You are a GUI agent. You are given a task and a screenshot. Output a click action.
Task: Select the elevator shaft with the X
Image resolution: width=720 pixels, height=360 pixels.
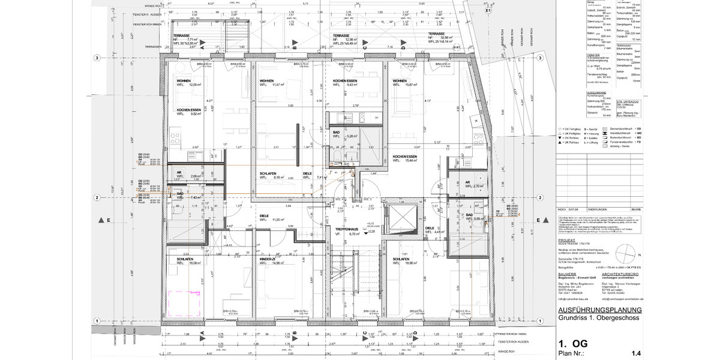point(398,219)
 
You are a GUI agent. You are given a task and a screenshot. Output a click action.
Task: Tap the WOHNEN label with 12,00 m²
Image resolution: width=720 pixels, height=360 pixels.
point(184,80)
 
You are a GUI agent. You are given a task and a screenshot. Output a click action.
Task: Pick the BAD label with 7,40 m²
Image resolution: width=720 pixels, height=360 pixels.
point(179,193)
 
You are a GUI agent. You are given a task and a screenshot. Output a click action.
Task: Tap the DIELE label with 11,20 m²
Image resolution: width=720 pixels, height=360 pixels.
point(264,216)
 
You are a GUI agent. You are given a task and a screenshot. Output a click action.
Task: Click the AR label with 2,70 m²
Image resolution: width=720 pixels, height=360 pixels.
point(468,182)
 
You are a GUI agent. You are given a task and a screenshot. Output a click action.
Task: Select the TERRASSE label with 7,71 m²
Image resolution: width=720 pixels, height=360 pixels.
point(182,36)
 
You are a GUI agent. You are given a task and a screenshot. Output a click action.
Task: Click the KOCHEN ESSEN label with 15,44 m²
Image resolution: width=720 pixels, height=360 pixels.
point(405,157)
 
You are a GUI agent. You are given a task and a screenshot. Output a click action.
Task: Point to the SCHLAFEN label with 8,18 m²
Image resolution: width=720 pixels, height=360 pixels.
point(268,173)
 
